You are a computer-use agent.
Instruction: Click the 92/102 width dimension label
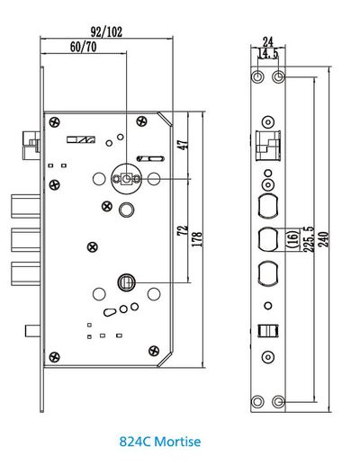(x=105, y=32)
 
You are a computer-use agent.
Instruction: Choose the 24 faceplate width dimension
(x=267, y=40)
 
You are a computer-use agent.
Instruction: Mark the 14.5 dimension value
(x=268, y=53)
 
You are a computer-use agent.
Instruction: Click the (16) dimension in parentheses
(x=291, y=240)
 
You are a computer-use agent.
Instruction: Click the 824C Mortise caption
(x=159, y=443)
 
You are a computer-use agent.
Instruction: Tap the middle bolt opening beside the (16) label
(x=267, y=239)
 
